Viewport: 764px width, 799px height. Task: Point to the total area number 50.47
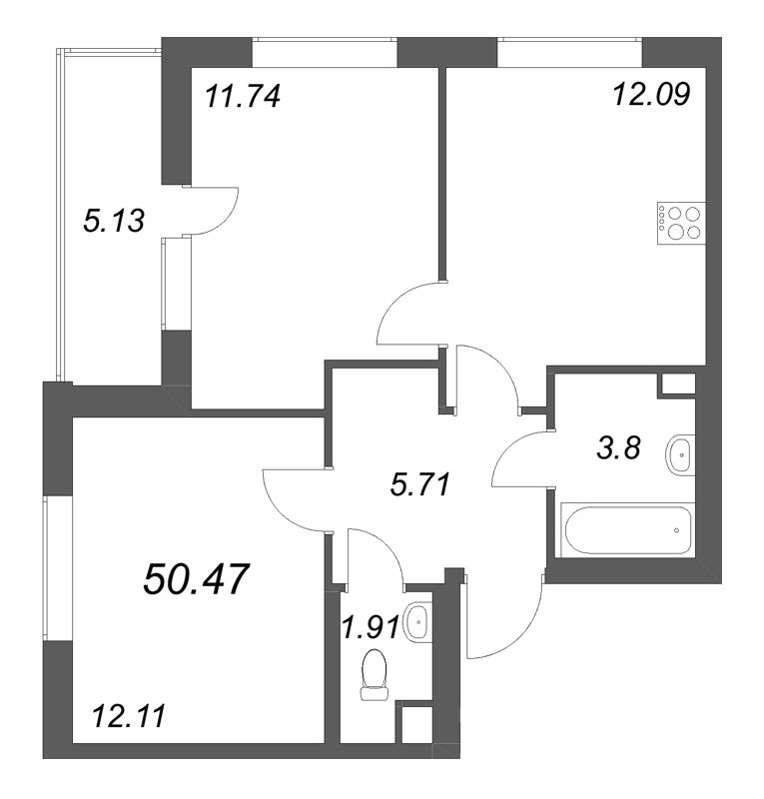coord(196,579)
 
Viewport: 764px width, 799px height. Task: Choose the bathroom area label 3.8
coord(618,448)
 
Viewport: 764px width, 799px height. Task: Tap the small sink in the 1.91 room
coord(419,619)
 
